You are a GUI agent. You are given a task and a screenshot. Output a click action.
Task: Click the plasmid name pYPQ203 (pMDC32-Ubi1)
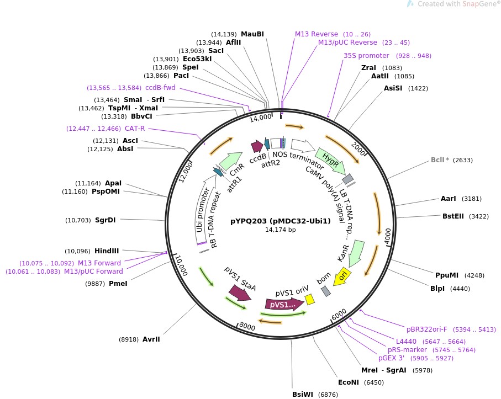(280, 221)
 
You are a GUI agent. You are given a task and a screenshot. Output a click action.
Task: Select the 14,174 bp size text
(280, 230)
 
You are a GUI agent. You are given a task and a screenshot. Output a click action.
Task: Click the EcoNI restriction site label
(349, 382)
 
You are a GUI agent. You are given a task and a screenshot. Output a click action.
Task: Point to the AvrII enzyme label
(151, 339)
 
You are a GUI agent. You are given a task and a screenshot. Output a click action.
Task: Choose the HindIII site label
(107, 250)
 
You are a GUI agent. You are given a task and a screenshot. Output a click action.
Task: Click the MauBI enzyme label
(252, 34)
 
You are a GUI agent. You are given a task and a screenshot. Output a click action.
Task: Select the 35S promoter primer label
(366, 56)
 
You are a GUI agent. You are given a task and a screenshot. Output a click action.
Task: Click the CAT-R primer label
(135, 129)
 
